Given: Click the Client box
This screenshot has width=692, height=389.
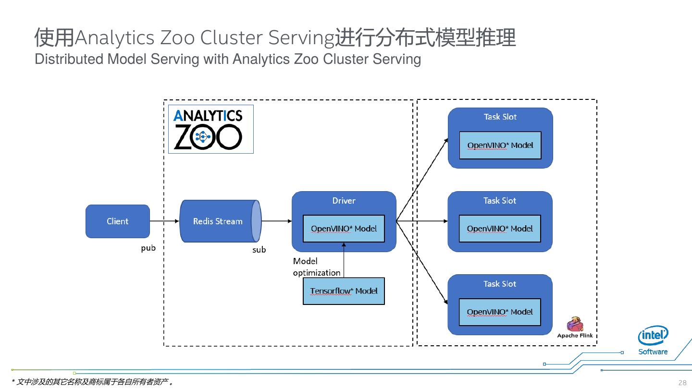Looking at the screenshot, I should pyautogui.click(x=118, y=221).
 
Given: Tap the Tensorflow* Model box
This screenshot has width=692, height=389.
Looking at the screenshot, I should pyautogui.click(x=344, y=291).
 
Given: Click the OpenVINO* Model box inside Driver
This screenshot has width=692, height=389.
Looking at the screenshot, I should pyautogui.click(x=344, y=229).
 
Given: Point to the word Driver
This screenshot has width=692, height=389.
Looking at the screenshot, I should pyautogui.click(x=344, y=201).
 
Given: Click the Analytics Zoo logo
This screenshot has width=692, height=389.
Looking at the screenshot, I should pyautogui.click(x=210, y=129).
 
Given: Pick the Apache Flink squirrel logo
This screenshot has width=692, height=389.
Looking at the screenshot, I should pyautogui.click(x=575, y=325).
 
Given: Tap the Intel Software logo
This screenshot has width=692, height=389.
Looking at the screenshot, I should pyautogui.click(x=653, y=340).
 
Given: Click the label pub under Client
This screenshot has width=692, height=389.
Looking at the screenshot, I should pyautogui.click(x=148, y=248).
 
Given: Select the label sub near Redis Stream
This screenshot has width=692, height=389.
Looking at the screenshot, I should pyautogui.click(x=259, y=250).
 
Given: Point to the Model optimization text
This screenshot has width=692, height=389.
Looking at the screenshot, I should pyautogui.click(x=316, y=267).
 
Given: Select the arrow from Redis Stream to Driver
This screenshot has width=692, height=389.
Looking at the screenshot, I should pyautogui.click(x=277, y=221).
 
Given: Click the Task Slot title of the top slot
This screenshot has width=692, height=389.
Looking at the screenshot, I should pyautogui.click(x=500, y=117).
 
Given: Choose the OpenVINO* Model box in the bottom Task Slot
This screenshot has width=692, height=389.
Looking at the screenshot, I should pyautogui.click(x=500, y=312).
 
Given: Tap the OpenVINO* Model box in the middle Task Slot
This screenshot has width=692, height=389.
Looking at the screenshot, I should pyautogui.click(x=500, y=229).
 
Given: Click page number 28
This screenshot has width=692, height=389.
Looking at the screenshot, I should pyautogui.click(x=682, y=383).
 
